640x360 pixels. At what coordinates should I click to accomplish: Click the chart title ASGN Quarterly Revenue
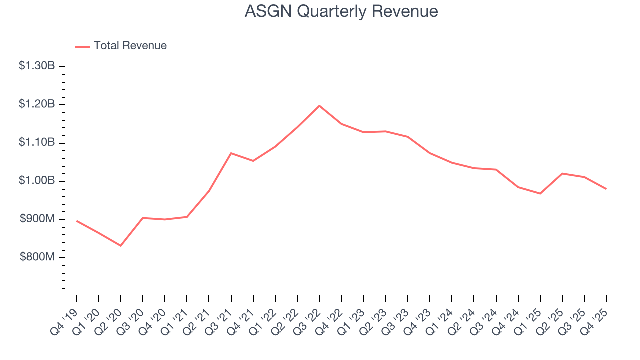coord(341,11)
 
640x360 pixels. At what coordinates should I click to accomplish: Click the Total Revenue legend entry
coord(121,46)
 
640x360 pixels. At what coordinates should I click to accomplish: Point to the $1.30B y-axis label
coord(37,66)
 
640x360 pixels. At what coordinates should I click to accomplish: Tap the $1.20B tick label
coord(37,104)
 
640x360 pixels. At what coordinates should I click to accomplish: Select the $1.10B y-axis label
coord(37,143)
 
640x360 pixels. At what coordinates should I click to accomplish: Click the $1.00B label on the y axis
coord(37,181)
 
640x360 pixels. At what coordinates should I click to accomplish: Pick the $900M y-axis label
coord(38,219)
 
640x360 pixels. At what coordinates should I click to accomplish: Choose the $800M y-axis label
coord(38,257)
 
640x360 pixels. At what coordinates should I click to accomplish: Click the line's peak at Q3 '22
coord(319,106)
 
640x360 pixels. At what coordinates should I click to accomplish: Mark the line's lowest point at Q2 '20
coord(120,245)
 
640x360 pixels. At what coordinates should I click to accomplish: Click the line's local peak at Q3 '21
coord(231,153)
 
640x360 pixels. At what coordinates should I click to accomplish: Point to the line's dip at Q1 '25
coord(540,193)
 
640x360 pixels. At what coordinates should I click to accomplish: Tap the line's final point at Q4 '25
coord(606,189)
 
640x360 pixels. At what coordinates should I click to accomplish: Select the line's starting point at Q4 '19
coord(76,221)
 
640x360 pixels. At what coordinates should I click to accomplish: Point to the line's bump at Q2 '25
coord(562,173)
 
